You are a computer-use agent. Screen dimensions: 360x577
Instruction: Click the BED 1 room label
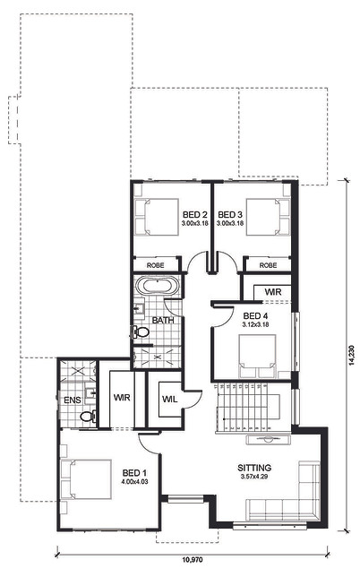pyautogui.click(x=134, y=472)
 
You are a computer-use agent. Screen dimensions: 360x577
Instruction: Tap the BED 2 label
pyautogui.click(x=195, y=214)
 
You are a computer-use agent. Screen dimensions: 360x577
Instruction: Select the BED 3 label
pyautogui.click(x=230, y=214)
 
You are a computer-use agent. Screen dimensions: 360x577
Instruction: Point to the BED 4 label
pyautogui.click(x=255, y=315)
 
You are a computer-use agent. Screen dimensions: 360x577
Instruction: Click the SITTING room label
pyautogui.click(x=254, y=468)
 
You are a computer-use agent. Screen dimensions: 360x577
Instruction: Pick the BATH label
pyautogui.click(x=163, y=320)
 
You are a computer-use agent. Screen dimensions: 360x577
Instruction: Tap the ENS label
pyautogui.click(x=73, y=400)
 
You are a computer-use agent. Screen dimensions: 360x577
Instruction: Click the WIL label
pyautogui.click(x=169, y=399)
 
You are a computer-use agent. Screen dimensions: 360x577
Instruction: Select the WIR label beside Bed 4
pyautogui.click(x=273, y=292)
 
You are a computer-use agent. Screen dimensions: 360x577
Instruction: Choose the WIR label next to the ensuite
pyautogui.click(x=122, y=398)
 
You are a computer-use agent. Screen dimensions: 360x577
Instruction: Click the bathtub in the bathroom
pyautogui.click(x=157, y=286)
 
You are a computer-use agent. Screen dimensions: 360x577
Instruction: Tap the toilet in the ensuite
pyautogui.click(x=89, y=417)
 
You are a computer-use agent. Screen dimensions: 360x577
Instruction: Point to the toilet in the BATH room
pyautogui.click(x=140, y=332)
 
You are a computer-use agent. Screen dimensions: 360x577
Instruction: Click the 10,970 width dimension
pyautogui.click(x=193, y=561)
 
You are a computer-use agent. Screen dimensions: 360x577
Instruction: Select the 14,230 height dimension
pyautogui.click(x=351, y=355)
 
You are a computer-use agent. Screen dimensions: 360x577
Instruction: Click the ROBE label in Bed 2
pyautogui.click(x=156, y=265)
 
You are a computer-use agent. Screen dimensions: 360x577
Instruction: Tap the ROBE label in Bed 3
pyautogui.click(x=268, y=265)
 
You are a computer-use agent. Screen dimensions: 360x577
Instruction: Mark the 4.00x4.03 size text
pyautogui.click(x=134, y=481)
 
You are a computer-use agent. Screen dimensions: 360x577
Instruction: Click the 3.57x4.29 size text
pyautogui.click(x=254, y=477)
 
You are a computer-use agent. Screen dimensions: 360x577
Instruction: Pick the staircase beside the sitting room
pyautogui.click(x=253, y=408)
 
